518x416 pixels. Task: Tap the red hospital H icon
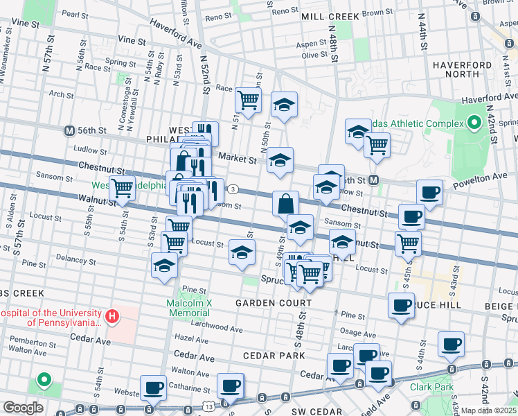coord(112,318)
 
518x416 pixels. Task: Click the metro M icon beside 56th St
coord(69,130)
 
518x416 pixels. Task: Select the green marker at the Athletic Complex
coord(474,123)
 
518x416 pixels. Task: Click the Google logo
coord(23,408)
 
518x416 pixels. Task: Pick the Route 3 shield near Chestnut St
coord(234,189)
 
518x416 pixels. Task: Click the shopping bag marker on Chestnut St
coord(285,204)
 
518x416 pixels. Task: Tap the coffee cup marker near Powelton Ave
coord(429,192)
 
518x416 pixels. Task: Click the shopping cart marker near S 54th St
coord(123,187)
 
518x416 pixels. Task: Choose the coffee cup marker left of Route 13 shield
coord(152,387)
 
